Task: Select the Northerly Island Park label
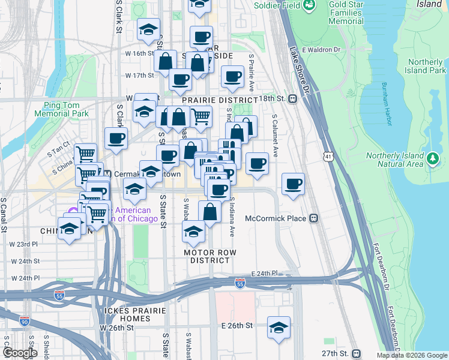[x=426, y=66]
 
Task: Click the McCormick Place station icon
[x=313, y=219]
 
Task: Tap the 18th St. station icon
[x=293, y=99]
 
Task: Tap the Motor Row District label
[x=207, y=256]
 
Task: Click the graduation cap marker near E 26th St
[x=279, y=328]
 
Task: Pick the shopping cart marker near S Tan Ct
[x=85, y=154]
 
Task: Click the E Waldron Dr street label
[x=322, y=50]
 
